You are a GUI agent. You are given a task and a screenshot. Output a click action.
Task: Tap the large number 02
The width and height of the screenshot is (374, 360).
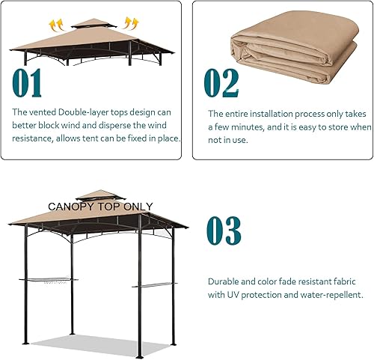pos(222,83)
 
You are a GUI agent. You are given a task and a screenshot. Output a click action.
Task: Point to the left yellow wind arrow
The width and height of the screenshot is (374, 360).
pos(56,24)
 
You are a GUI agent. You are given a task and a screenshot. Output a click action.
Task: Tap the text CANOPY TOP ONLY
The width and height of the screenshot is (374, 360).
pos(100,207)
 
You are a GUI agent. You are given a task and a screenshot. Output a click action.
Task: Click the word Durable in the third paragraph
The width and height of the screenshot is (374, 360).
pos(225,281)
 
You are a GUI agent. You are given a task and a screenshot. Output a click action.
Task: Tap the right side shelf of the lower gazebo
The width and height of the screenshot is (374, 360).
pos(153,285)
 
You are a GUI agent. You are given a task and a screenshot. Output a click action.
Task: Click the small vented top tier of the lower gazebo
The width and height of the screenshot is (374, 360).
pos(95,196)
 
